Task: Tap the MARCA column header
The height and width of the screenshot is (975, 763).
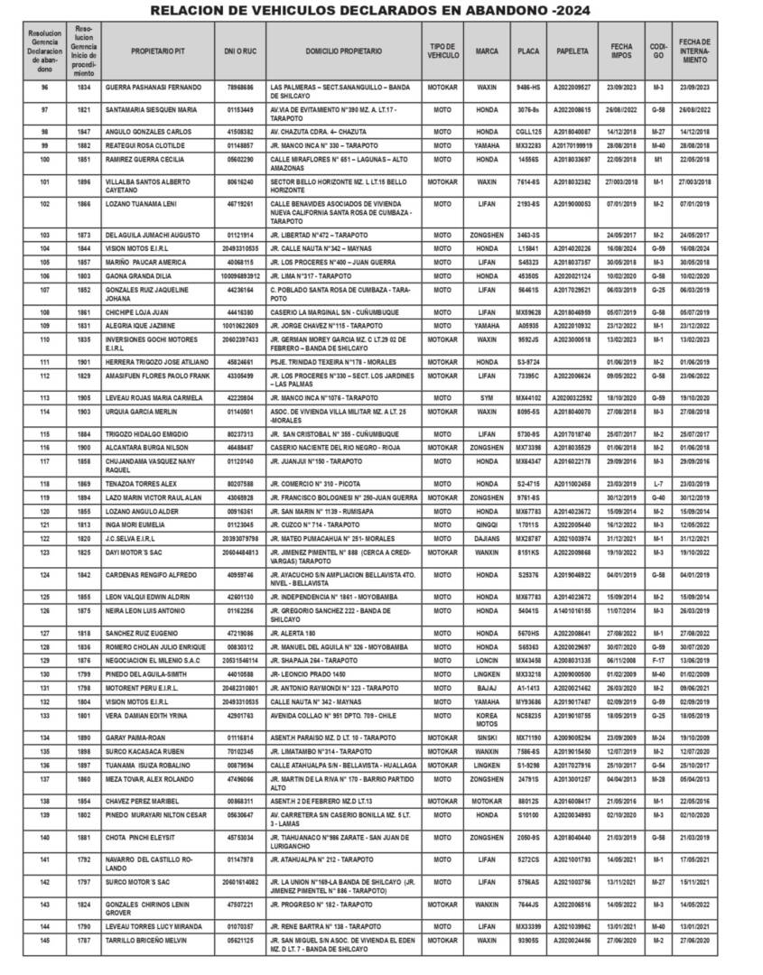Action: (x=488, y=52)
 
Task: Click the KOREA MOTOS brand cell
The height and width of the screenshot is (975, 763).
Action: (x=488, y=742)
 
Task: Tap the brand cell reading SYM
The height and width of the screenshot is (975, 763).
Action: (x=488, y=396)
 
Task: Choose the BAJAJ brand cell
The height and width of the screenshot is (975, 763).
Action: (x=488, y=688)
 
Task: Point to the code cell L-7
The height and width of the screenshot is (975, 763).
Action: (x=658, y=483)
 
